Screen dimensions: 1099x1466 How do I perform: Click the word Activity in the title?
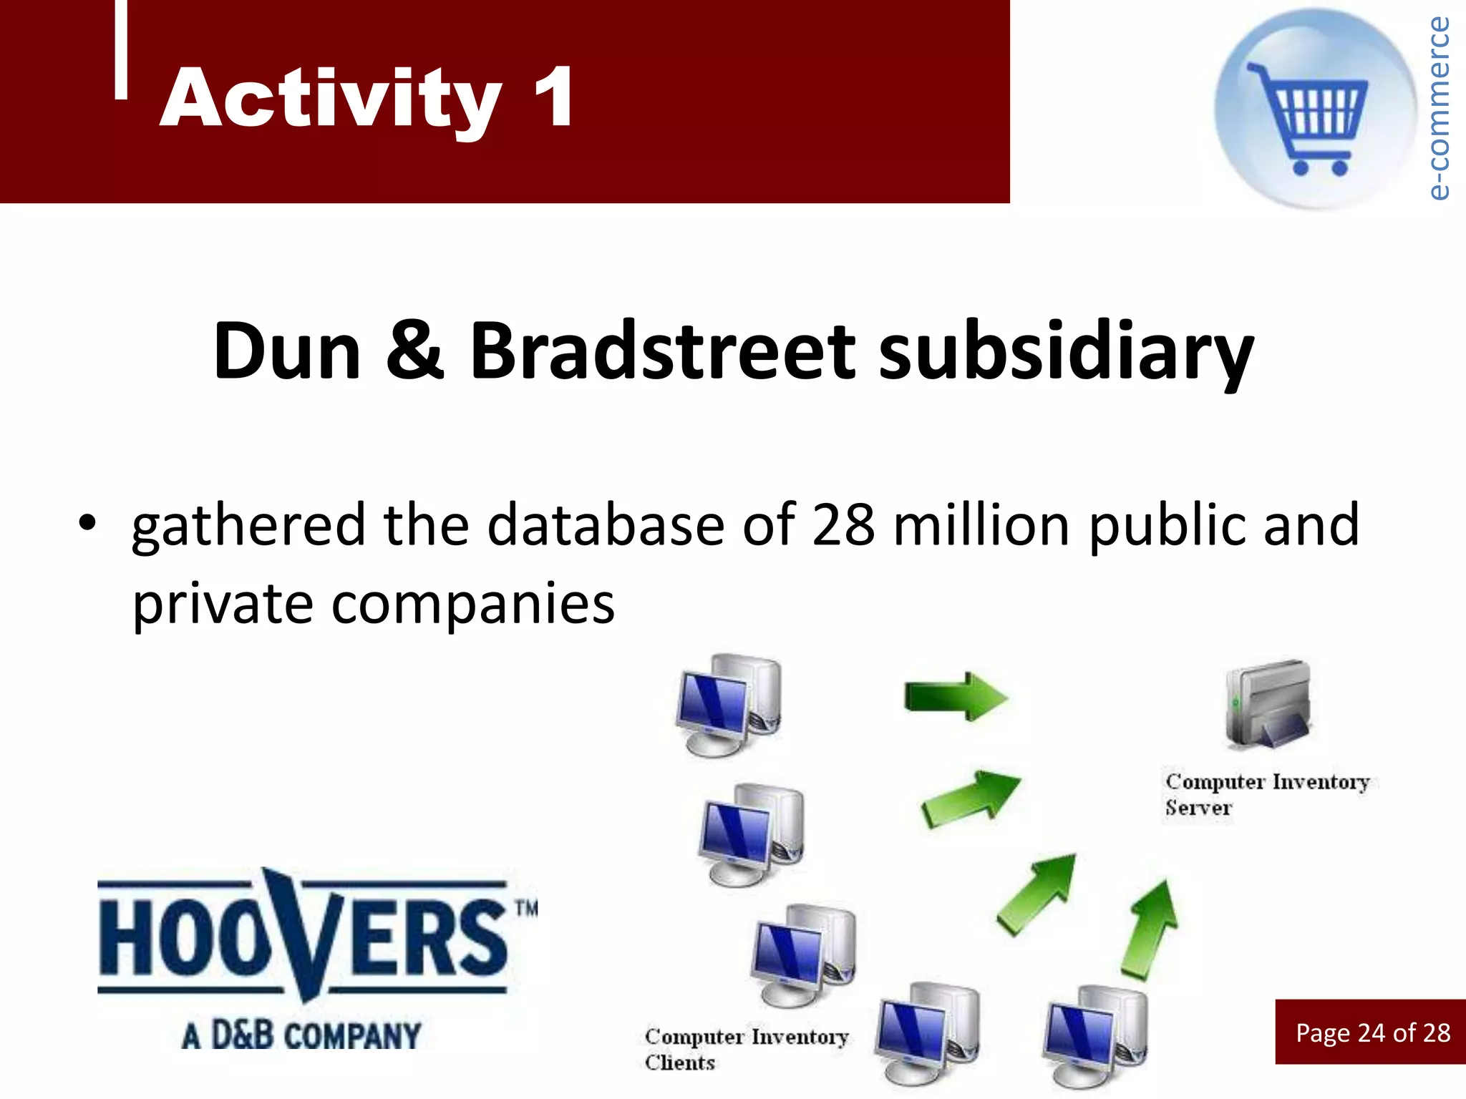click(x=331, y=98)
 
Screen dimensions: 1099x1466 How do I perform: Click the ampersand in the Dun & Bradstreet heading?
click(x=415, y=351)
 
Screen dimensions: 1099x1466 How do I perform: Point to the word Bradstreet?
click(x=662, y=351)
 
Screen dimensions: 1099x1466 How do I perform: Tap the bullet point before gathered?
click(x=87, y=522)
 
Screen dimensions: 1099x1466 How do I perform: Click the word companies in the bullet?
click(x=473, y=605)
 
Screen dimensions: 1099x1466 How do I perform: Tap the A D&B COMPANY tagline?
click(x=301, y=1036)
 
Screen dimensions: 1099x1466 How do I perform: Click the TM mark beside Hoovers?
click(x=526, y=909)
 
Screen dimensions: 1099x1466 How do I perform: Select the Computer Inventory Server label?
click(x=1266, y=794)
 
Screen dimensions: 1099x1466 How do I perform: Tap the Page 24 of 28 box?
click(x=1372, y=1032)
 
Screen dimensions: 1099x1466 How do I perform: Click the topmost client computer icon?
click(x=729, y=705)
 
